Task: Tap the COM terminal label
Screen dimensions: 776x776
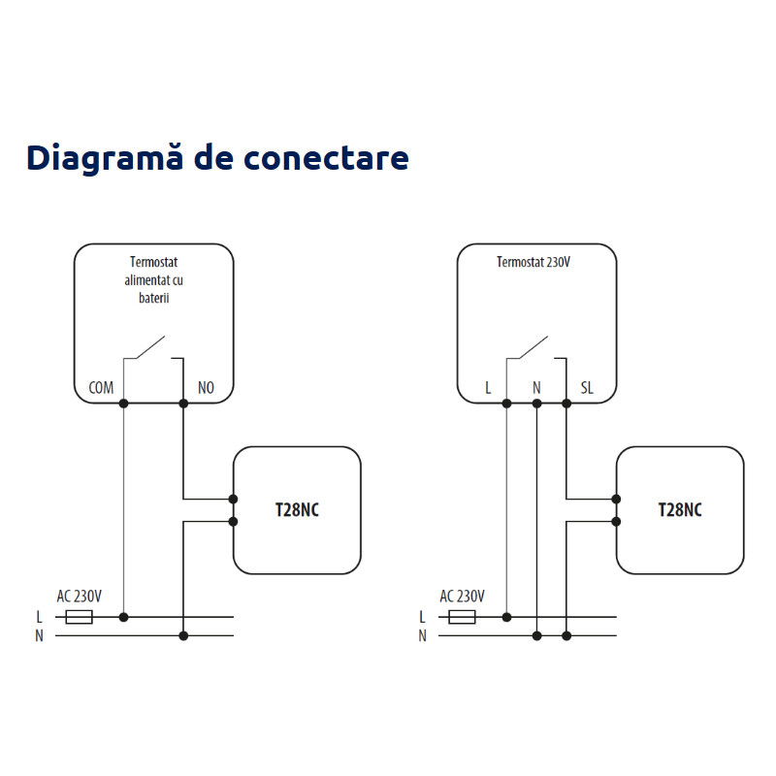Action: [101, 388]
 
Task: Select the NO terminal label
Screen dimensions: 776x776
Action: [206, 388]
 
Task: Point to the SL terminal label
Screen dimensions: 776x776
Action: [587, 388]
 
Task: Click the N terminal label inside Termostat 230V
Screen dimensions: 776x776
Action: [535, 388]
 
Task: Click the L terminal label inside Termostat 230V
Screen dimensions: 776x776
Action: [489, 388]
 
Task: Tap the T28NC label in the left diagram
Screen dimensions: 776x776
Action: [297, 510]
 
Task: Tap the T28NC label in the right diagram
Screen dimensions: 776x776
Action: [680, 510]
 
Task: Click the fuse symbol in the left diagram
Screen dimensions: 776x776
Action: [79, 617]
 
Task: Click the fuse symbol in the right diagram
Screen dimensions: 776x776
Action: [462, 617]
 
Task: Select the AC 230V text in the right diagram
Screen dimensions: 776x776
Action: [463, 596]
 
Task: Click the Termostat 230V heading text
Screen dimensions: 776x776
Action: [533, 262]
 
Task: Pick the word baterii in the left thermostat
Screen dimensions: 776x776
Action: [153, 299]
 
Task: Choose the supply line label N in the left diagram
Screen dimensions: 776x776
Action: [39, 636]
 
